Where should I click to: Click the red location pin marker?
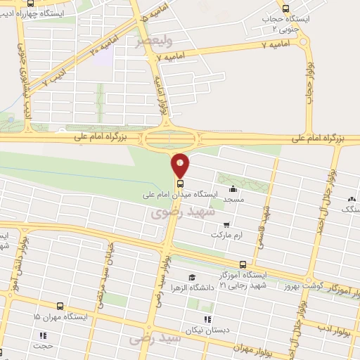tap(181, 165)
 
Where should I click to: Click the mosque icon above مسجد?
tap(233, 188)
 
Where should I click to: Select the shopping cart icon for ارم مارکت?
tap(226, 224)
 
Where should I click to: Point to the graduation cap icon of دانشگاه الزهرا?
tap(191, 276)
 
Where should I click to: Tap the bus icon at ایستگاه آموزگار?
tap(243, 264)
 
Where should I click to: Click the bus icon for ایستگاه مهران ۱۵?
tap(60, 307)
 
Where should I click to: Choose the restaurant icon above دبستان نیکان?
tap(207, 320)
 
